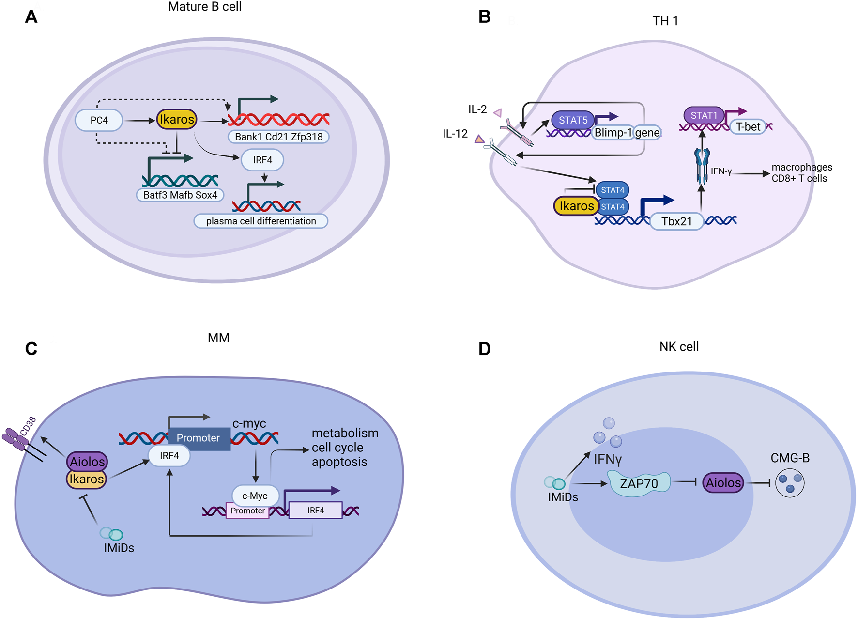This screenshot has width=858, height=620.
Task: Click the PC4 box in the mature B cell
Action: click(x=99, y=120)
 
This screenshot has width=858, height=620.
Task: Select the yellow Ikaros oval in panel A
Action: click(x=177, y=119)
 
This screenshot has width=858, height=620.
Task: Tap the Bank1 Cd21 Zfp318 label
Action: click(x=278, y=137)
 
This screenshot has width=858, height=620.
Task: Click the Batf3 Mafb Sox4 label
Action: click(x=180, y=195)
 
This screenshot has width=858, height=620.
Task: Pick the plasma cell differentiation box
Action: click(x=260, y=221)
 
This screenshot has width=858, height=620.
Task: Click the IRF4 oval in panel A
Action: click(x=262, y=160)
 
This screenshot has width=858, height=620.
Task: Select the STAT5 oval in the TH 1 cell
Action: click(x=573, y=120)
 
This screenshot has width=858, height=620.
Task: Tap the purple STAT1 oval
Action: click(x=704, y=115)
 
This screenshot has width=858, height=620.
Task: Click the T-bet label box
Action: click(x=748, y=127)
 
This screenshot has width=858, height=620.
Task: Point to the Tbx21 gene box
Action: click(x=676, y=221)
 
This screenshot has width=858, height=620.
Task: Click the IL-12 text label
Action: click(x=455, y=134)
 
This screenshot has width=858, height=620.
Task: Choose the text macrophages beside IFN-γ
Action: click(x=802, y=167)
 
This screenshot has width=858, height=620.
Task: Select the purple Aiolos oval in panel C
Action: click(x=87, y=462)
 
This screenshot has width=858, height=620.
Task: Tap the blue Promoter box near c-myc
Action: click(x=199, y=438)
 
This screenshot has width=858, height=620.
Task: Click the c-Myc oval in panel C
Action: click(x=255, y=496)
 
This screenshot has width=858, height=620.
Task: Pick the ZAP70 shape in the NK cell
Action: click(x=639, y=483)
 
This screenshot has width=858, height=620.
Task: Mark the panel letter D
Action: click(x=484, y=349)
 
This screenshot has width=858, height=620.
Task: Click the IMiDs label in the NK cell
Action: click(x=563, y=497)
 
